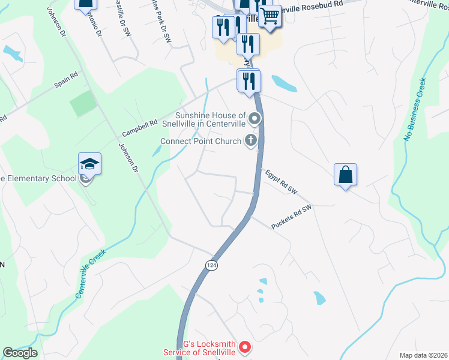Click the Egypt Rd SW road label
click(x=282, y=182)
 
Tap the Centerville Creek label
click(x=90, y=274)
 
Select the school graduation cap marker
click(x=89, y=164)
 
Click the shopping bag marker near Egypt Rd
click(x=345, y=175)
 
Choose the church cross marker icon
click(x=252, y=141)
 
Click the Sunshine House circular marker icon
click(x=255, y=119)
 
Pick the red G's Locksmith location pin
click(x=244, y=346)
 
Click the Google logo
click(x=20, y=353)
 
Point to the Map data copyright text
click(x=423, y=355)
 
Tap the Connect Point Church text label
click(x=203, y=142)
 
